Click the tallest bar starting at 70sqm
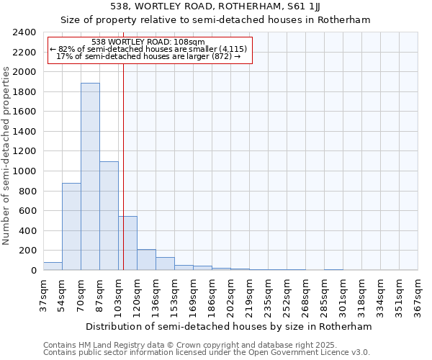click(x=90, y=176)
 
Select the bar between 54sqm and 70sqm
click(x=71, y=227)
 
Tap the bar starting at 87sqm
click(x=109, y=216)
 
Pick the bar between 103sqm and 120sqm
click(x=127, y=243)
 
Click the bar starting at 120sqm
click(x=146, y=260)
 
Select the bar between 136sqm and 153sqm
click(x=165, y=264)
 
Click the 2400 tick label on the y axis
click(x=24, y=32)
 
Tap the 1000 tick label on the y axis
click(x=24, y=171)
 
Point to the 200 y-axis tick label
click(x=27, y=251)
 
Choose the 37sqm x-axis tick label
click(x=43, y=294)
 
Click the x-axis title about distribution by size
click(x=230, y=326)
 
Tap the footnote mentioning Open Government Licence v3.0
click(x=207, y=352)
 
